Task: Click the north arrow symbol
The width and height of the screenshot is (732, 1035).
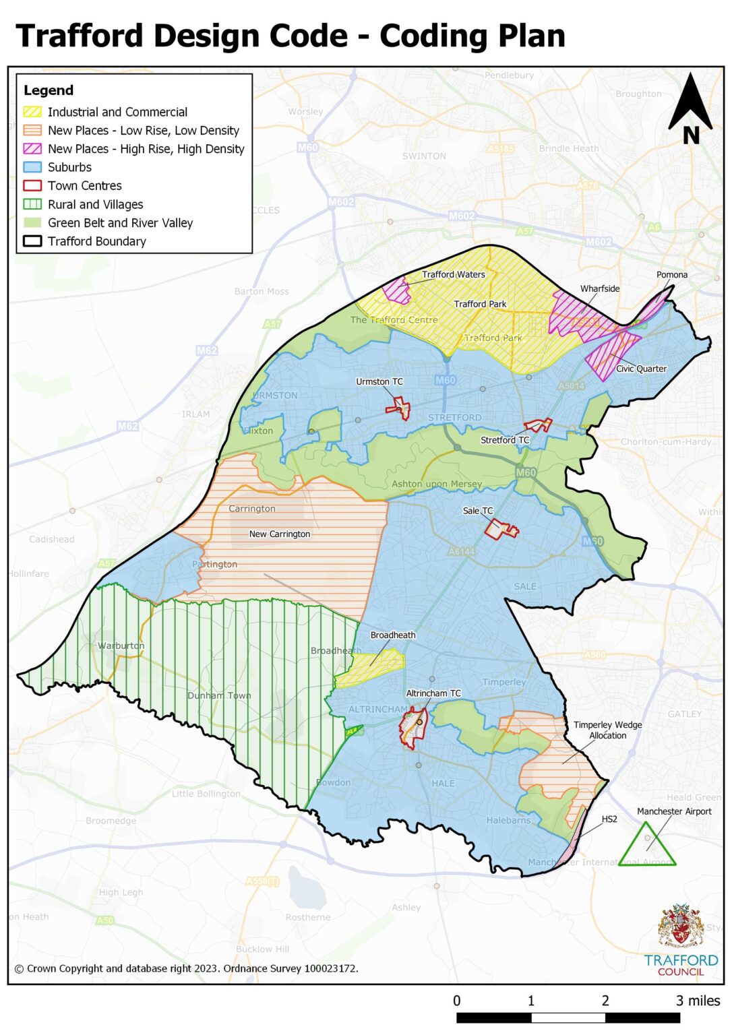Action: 690,108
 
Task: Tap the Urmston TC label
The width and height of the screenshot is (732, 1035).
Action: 379,381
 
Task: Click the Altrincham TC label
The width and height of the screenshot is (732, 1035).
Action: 433,693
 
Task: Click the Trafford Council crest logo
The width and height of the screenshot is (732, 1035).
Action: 681,928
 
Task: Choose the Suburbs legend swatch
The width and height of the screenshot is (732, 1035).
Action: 32,167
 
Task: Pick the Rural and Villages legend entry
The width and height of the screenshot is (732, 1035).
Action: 95,204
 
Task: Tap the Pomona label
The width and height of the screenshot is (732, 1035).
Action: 672,275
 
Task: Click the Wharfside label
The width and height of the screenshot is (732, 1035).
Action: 600,288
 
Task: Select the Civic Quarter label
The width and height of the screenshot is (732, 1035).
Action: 641,369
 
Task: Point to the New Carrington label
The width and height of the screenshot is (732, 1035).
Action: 280,534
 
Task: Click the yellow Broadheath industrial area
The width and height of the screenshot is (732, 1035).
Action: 371,668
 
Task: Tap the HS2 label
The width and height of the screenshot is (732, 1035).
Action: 609,819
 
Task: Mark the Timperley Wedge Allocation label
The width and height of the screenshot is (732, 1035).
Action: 607,730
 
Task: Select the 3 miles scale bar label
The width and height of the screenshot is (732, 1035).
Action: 698,1001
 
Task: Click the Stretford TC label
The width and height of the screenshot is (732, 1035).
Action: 505,440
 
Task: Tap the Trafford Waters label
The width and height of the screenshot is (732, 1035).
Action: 454,274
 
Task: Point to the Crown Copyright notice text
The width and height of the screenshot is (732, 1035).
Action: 186,968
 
